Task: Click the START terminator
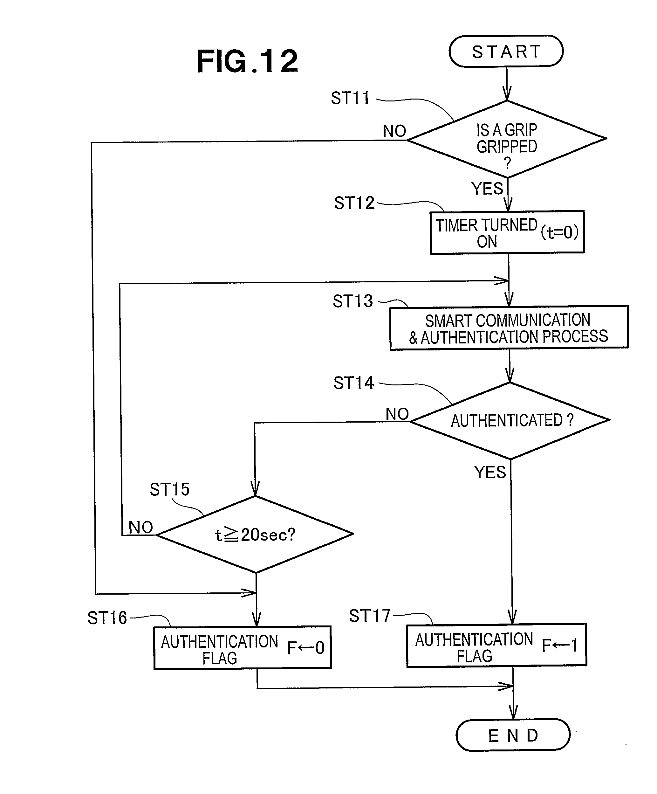tap(506, 52)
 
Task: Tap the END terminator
tap(513, 735)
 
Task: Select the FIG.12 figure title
tap(247, 61)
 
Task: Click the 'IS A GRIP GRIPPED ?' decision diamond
tap(507, 139)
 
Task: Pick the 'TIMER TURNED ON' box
tap(487, 232)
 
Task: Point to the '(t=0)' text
tap(559, 232)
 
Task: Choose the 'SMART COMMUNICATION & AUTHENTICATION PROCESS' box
tap(509, 328)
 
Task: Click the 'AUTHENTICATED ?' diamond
tap(510, 420)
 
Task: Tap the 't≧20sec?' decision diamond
tap(255, 534)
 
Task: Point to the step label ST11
tap(350, 98)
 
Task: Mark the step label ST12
tap(354, 203)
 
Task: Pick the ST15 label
tap(169, 489)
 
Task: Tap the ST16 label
tap(107, 618)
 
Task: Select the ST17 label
tap(369, 616)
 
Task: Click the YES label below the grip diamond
tap(487, 189)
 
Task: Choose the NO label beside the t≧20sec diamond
tap(140, 527)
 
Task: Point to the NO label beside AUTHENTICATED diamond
tap(397, 414)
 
